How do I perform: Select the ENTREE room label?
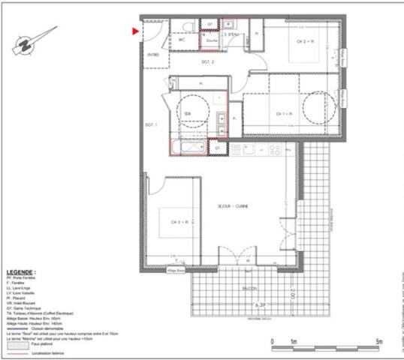(153, 55)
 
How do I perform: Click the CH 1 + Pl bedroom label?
(284, 113)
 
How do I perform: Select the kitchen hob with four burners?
(275, 150)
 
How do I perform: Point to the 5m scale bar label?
(379, 341)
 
